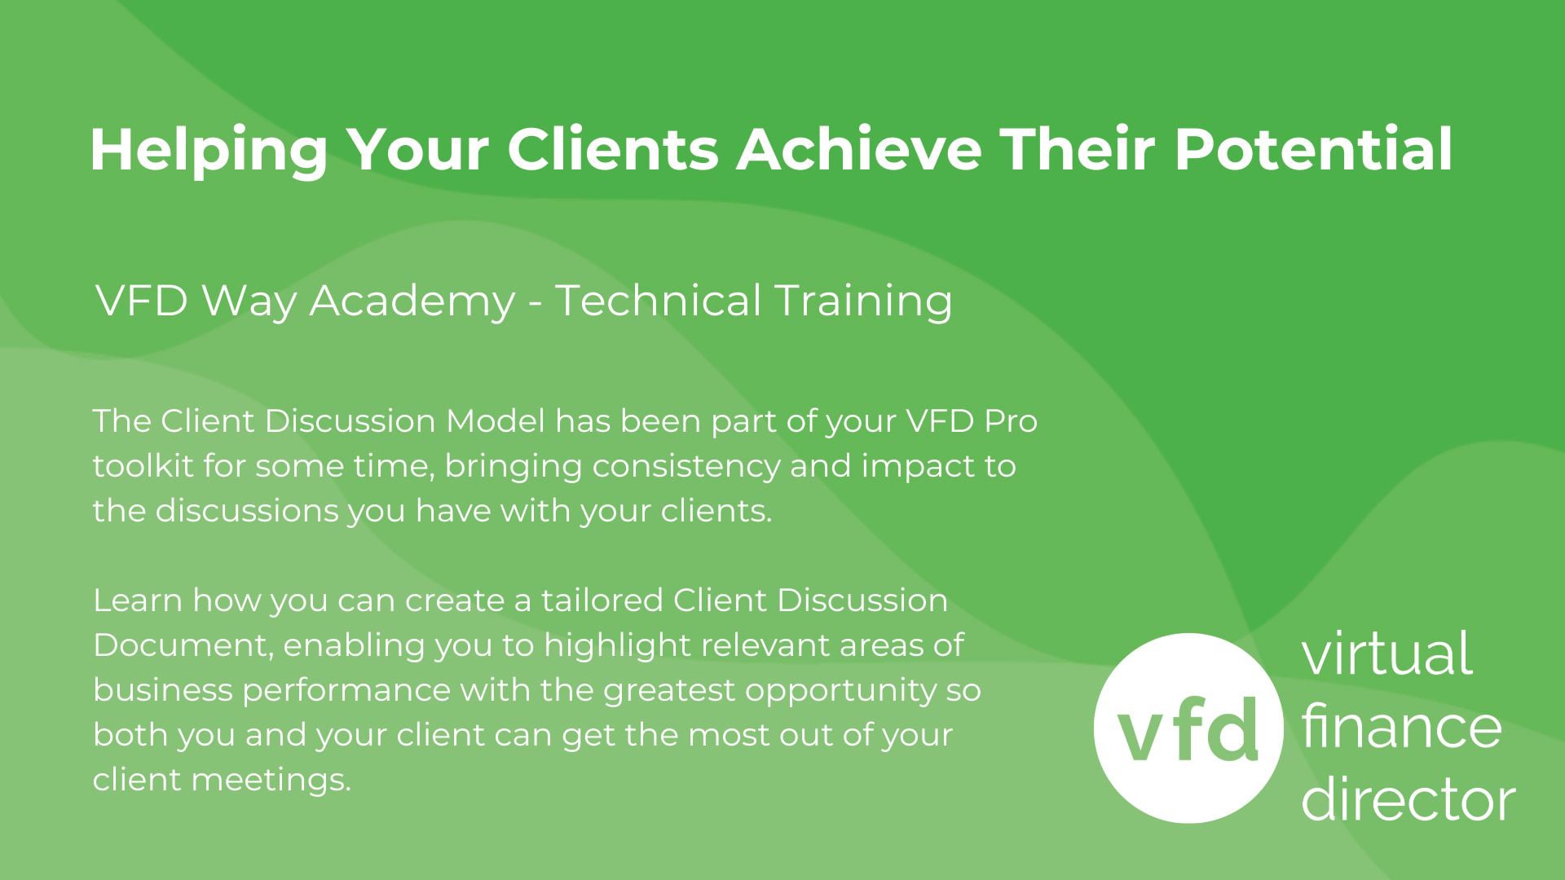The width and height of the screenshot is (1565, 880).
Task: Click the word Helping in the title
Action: (208, 151)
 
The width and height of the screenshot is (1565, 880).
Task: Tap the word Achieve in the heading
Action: (858, 149)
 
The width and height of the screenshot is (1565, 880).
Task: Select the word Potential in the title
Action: (1312, 149)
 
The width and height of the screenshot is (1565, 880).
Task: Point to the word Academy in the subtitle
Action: (412, 301)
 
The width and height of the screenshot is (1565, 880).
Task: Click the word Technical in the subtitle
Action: (657, 300)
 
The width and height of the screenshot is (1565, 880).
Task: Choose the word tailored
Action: (602, 601)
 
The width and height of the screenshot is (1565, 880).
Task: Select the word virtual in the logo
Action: (1386, 653)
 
